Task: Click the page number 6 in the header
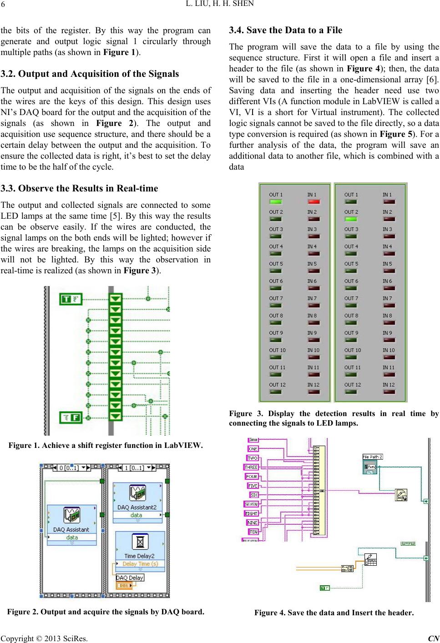point(3,5)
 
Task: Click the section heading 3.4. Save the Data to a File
point(285,30)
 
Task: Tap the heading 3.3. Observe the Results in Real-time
point(80,188)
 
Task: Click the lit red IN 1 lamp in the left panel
point(314,201)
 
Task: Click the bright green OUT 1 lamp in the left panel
point(275,201)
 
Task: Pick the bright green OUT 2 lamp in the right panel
point(351,219)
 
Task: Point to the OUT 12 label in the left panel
point(277,385)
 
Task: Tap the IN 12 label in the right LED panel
point(389,385)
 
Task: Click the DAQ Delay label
point(130,578)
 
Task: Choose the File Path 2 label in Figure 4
point(372,457)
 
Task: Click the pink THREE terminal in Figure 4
point(251,467)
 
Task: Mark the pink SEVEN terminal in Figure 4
point(251,504)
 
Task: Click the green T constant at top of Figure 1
point(71,299)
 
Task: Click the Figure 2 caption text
point(106,612)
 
